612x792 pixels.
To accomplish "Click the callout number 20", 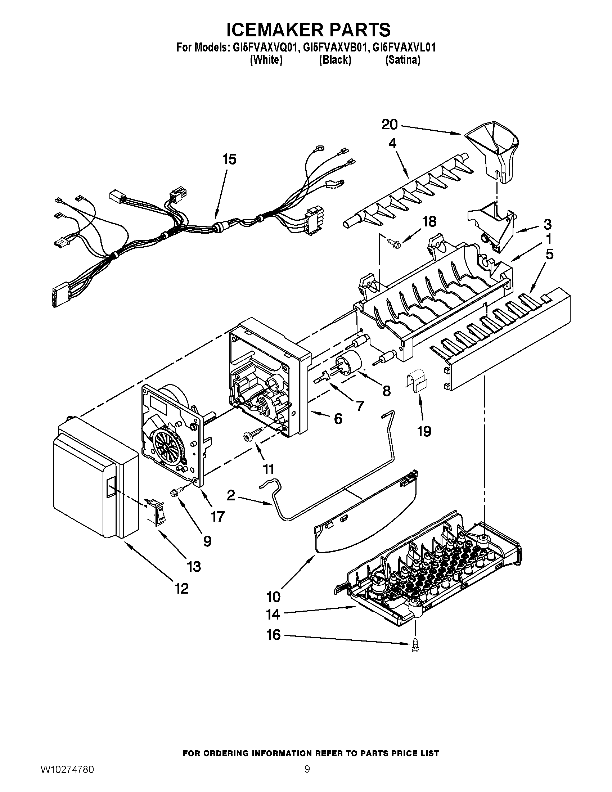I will (x=390, y=125).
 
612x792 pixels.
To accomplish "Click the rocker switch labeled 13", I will (x=155, y=512).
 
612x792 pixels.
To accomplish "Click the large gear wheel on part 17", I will (x=168, y=447).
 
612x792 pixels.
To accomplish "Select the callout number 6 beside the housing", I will (x=338, y=419).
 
